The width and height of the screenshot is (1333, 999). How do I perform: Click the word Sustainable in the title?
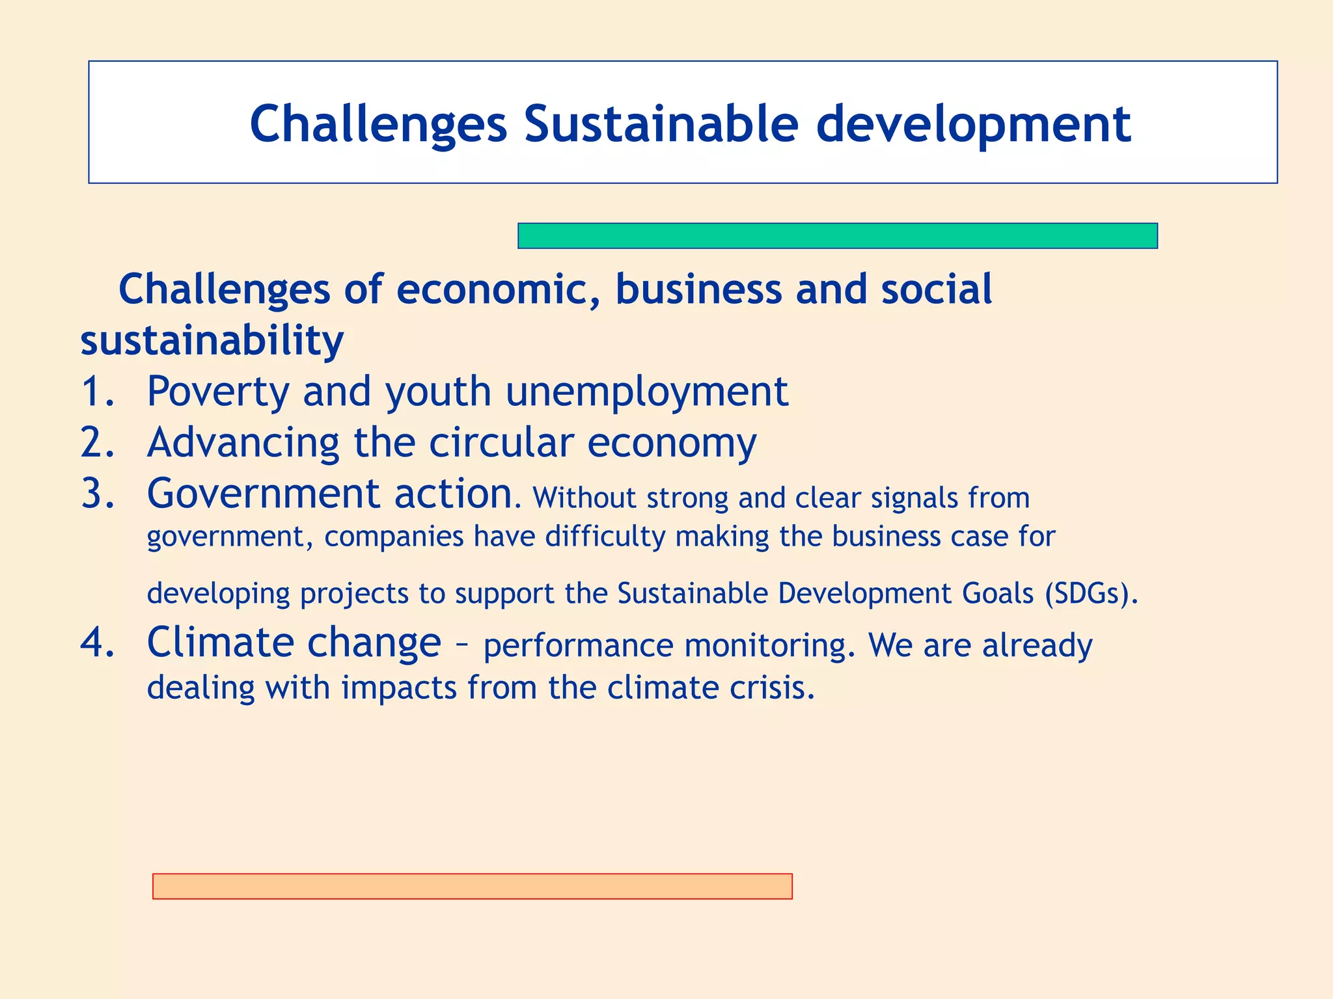point(661,124)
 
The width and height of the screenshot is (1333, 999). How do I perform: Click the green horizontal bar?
point(837,235)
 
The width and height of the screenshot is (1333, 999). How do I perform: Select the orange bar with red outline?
point(472,886)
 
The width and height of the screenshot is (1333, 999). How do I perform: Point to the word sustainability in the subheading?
point(212,341)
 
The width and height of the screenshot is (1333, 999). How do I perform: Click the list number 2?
point(98,443)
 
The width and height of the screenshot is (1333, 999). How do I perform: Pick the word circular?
point(501,443)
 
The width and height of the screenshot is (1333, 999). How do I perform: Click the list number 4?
point(98,643)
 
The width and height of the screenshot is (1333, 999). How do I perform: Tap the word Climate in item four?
point(221,643)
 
